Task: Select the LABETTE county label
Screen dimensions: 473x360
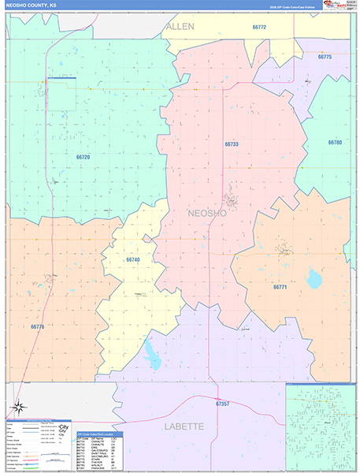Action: [184, 426]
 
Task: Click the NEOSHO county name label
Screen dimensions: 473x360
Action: [207, 213]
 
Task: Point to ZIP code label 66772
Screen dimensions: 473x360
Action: [258, 27]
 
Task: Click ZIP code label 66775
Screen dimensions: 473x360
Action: [325, 57]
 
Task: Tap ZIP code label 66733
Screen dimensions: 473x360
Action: [231, 144]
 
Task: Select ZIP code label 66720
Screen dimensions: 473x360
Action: [84, 157]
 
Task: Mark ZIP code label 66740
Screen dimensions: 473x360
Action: [133, 259]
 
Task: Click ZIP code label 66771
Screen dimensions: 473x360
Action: [281, 287]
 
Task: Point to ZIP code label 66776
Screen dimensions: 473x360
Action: [39, 326]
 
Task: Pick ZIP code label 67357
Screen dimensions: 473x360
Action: [222, 404]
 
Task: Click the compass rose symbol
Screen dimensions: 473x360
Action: [19, 408]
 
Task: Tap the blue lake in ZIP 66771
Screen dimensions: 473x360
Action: [314, 278]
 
